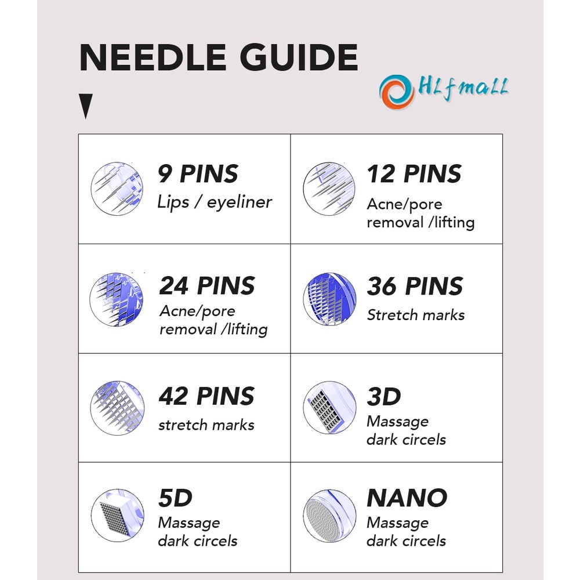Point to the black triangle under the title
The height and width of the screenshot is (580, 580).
[x=86, y=107]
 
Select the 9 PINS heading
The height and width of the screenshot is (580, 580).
[x=198, y=174]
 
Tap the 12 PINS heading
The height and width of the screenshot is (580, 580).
[x=414, y=174]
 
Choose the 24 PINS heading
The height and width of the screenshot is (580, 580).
[x=207, y=286]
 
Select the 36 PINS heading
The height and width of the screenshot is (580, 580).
[x=415, y=286]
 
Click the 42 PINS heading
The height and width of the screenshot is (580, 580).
[x=206, y=396]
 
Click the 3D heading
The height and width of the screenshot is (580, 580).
[x=384, y=397]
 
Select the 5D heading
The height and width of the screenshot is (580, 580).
[x=175, y=498]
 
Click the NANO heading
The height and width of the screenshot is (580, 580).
[x=407, y=498]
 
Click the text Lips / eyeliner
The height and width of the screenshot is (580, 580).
[x=215, y=202]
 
